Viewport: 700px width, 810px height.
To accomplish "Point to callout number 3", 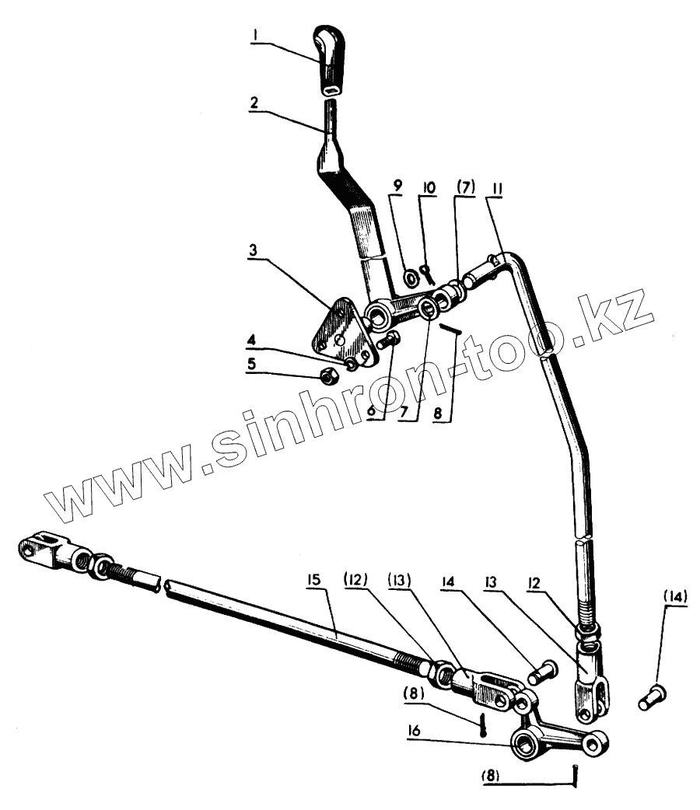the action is pyautogui.click(x=255, y=253).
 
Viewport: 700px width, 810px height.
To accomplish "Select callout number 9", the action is pyautogui.click(x=398, y=187).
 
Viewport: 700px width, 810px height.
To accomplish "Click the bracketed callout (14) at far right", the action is pyautogui.click(x=675, y=599).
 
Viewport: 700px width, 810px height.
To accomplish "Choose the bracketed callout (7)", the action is pyautogui.click(x=464, y=187).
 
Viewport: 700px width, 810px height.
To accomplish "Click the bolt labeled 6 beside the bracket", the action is pyautogui.click(x=388, y=340).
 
